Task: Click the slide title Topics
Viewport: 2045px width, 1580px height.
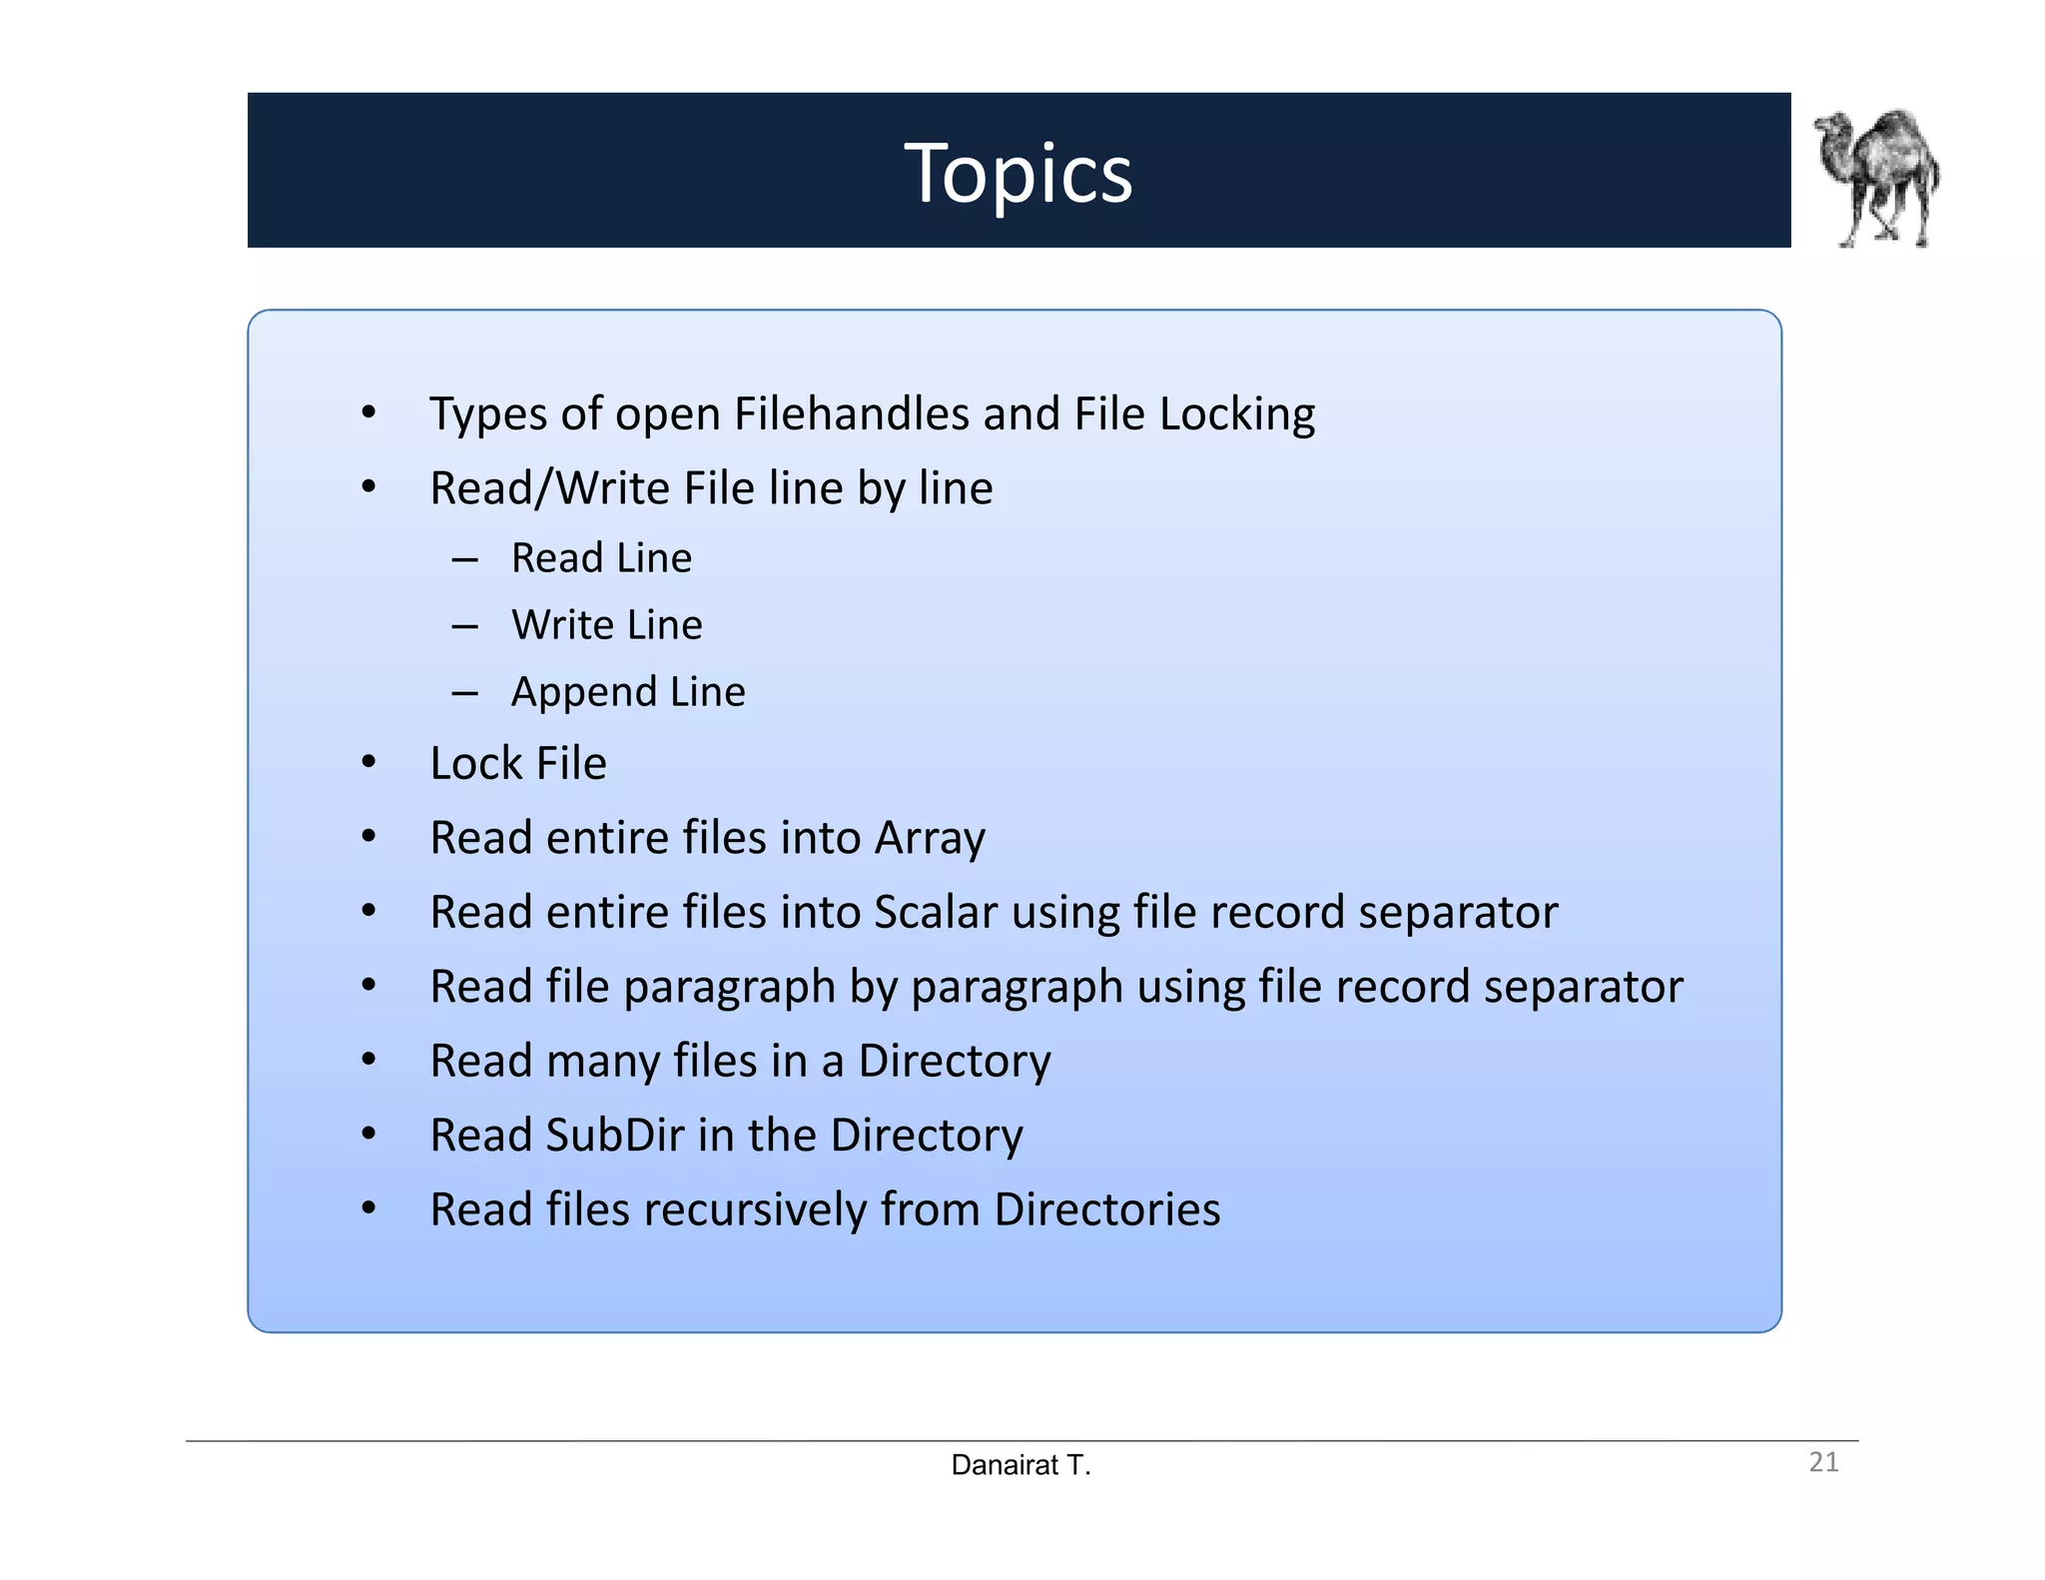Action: coord(1018,173)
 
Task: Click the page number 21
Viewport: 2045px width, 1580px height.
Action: coord(1823,1462)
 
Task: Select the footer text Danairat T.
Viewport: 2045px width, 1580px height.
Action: coord(1021,1465)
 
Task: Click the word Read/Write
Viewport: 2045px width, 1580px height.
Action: coord(549,488)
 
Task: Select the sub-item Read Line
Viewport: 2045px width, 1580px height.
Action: coord(601,557)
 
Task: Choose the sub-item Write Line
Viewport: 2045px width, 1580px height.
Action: coord(607,624)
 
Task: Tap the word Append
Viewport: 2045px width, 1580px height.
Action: coord(584,692)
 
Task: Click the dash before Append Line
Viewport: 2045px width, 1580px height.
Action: coord(464,692)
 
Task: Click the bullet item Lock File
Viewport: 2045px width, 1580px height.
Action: coord(517,763)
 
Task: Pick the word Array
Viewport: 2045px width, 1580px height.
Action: coord(930,838)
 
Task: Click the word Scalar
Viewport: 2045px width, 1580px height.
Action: coord(936,912)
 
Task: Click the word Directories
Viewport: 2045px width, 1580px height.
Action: coord(1106,1209)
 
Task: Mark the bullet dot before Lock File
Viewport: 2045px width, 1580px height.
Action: coord(368,762)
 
